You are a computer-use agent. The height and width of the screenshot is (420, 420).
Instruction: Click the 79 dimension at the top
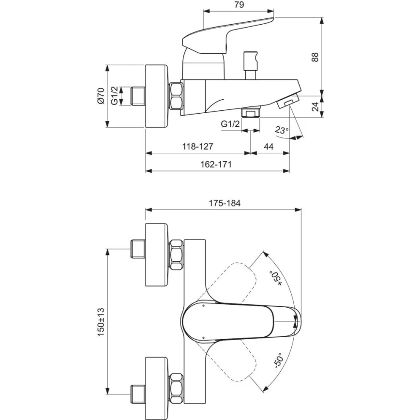click(x=238, y=5)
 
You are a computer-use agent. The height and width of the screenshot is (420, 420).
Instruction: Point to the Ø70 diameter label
click(x=101, y=96)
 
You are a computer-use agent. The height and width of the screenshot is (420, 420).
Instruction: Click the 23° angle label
click(x=281, y=130)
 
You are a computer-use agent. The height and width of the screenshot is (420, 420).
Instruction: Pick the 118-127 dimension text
click(x=197, y=146)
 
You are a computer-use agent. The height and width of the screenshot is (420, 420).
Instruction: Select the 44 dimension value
click(x=270, y=146)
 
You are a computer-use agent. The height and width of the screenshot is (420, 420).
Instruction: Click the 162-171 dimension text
click(x=216, y=164)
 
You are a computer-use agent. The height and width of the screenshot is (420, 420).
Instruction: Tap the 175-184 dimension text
click(x=224, y=203)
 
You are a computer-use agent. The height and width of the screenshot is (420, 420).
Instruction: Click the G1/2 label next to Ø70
click(x=114, y=96)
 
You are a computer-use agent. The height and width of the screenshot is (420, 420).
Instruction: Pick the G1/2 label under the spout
click(x=230, y=124)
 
